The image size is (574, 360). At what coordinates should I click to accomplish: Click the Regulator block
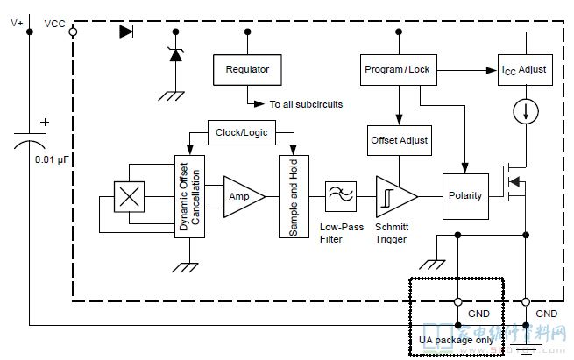tap(248, 69)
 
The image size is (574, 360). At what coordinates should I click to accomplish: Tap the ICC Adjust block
tap(526, 69)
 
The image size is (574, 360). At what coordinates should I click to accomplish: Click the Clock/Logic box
tap(240, 133)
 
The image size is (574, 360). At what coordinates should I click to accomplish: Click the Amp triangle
tap(242, 196)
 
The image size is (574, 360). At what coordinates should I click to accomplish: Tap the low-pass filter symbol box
tap(338, 195)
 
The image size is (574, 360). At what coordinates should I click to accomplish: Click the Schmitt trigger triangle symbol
tap(390, 196)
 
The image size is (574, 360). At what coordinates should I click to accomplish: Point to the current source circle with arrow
tap(526, 111)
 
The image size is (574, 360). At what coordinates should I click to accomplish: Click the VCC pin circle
tap(72, 32)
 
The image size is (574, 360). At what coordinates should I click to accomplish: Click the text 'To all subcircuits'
tap(306, 104)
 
